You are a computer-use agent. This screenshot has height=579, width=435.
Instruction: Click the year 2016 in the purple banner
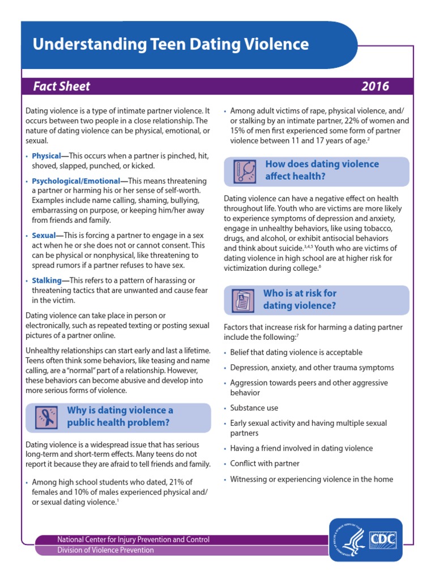click(x=375, y=87)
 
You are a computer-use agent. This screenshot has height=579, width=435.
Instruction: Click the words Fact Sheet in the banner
click(x=61, y=87)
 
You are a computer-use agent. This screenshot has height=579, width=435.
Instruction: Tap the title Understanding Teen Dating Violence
click(x=170, y=45)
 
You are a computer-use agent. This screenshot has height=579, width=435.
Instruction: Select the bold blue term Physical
click(x=46, y=155)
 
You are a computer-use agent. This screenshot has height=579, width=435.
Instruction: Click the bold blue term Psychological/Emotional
click(x=76, y=181)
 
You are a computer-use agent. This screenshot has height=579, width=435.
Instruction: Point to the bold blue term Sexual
click(x=44, y=235)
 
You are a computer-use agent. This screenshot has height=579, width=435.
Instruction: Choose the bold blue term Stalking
click(x=46, y=280)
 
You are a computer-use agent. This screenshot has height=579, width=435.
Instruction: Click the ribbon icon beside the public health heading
click(x=45, y=417)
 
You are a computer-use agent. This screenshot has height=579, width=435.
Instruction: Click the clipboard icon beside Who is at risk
click(x=242, y=300)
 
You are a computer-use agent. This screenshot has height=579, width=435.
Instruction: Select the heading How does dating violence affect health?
click(x=322, y=170)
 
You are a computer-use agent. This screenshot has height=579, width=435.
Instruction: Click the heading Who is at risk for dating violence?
click(x=300, y=300)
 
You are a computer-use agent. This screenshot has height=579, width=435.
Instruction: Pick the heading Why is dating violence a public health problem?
click(x=120, y=416)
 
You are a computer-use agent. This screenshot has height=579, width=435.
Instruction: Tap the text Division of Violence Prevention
click(x=105, y=550)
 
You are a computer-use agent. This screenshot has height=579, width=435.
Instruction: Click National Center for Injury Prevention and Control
click(x=133, y=539)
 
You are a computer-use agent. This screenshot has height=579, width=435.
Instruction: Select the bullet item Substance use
click(x=254, y=408)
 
